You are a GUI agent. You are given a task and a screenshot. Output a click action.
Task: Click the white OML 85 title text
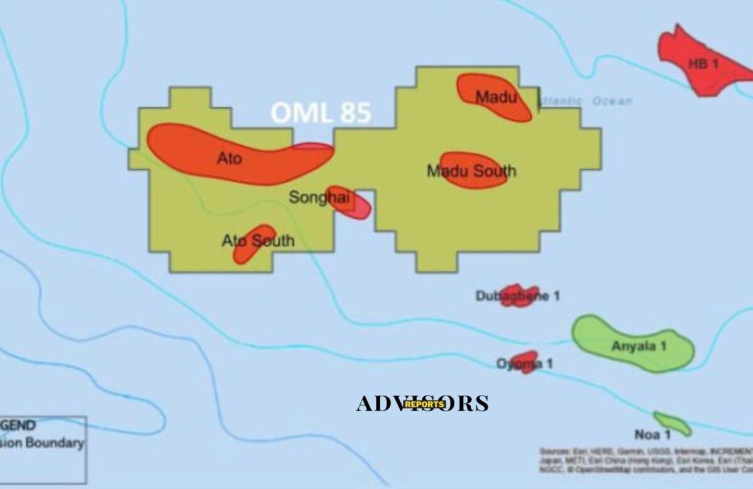(x=321, y=113)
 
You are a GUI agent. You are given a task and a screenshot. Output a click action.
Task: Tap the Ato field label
(x=229, y=159)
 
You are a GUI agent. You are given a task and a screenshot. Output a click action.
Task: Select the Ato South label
(x=258, y=241)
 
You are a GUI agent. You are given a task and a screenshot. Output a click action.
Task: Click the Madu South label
(x=472, y=171)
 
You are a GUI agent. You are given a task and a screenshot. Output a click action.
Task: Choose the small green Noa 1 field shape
(x=673, y=424)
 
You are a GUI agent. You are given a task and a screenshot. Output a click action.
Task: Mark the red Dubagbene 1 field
(x=518, y=295)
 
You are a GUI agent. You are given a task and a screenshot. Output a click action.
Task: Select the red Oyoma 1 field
(x=525, y=362)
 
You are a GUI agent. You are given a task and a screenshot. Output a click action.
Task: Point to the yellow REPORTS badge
(x=424, y=404)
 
